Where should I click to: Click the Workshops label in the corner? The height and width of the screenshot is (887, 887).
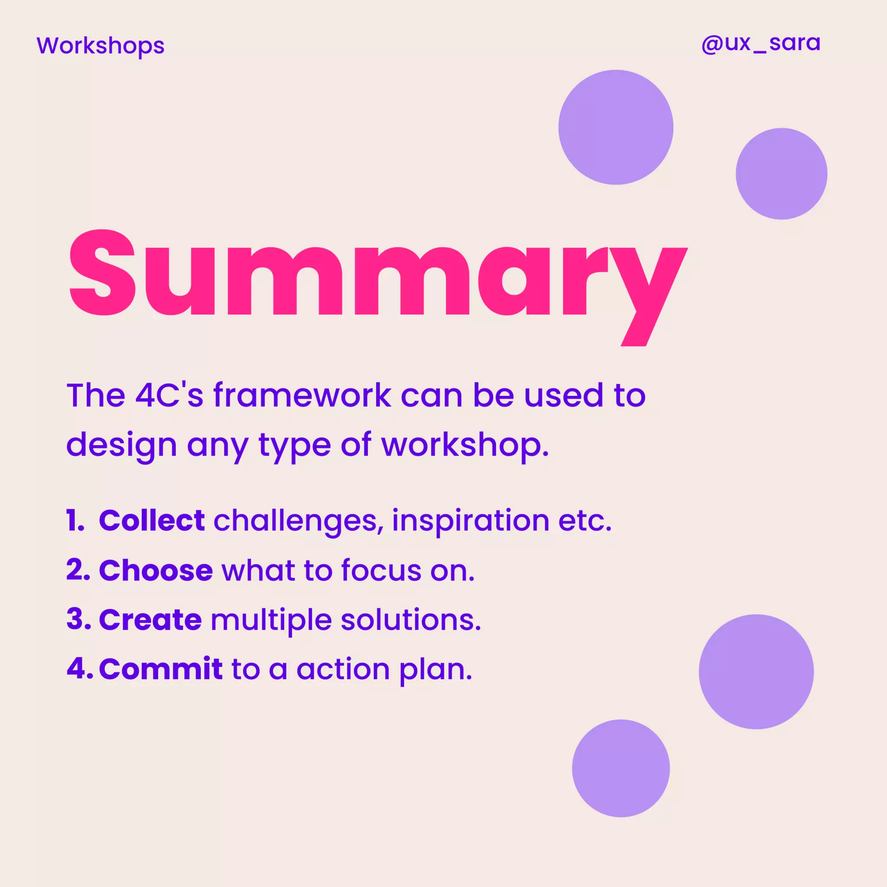click(x=100, y=46)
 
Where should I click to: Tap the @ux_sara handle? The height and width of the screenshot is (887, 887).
click(x=760, y=44)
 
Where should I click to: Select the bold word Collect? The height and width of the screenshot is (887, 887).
click(x=152, y=521)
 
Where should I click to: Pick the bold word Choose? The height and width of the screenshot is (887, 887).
click(x=155, y=570)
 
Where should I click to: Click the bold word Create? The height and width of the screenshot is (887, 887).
click(x=150, y=620)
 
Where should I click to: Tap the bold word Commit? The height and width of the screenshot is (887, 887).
click(x=161, y=669)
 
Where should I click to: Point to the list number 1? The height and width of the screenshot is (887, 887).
click(x=74, y=521)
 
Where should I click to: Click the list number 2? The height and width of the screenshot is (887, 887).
click(x=78, y=570)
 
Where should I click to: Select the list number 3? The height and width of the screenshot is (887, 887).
click(x=78, y=620)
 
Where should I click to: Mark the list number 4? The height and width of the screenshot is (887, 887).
click(x=79, y=669)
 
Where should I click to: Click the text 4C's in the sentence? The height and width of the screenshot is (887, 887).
click(x=169, y=395)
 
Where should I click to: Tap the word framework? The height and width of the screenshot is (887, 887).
click(x=303, y=395)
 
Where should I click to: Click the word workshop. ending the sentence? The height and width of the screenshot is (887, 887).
click(x=465, y=445)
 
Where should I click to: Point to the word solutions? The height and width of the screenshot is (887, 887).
click(x=411, y=620)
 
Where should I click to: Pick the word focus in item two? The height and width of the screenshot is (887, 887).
click(x=381, y=570)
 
